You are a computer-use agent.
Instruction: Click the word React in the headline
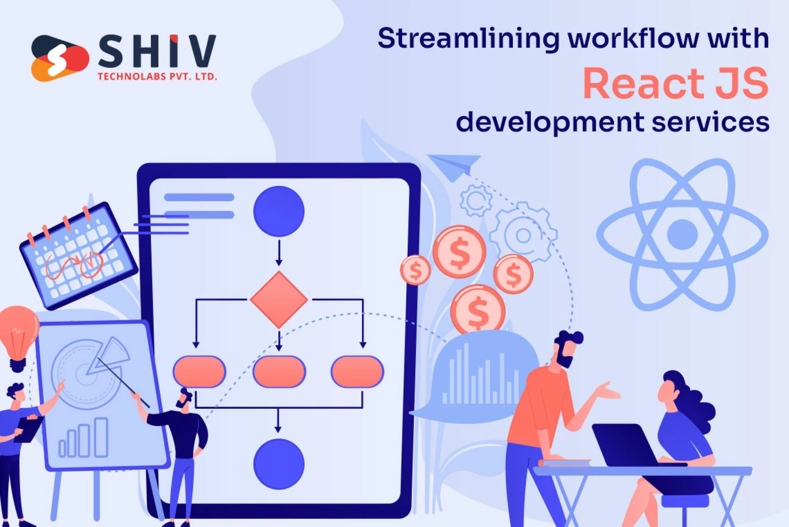pos(644,83)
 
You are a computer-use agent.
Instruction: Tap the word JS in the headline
pos(741,83)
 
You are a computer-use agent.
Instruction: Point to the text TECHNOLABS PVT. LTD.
pos(157,76)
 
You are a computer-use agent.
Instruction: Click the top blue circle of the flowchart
pos(279,211)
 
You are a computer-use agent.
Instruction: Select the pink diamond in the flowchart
pos(279,299)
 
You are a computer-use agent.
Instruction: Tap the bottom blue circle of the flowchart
pos(279,464)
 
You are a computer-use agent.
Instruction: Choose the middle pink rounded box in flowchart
pos(279,371)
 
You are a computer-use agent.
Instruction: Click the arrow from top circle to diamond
pos(279,253)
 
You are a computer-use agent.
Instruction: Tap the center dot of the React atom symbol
pos(682,235)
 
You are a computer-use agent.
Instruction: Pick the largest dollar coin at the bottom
pos(478,310)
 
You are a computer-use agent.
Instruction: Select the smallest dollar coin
pos(415,270)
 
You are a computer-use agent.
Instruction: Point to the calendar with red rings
pos(78,255)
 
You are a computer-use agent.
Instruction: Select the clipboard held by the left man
pos(29,429)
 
